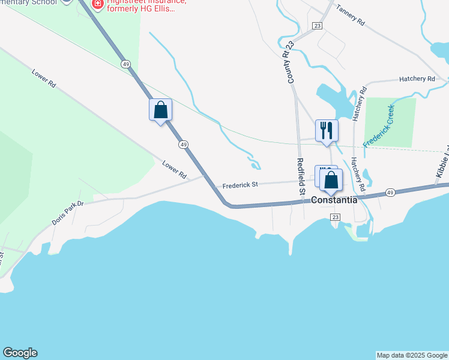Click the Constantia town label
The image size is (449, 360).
(x=334, y=200)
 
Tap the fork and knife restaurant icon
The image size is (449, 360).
(x=327, y=130)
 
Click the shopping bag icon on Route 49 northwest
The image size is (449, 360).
(x=160, y=109)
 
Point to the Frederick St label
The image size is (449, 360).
(x=240, y=185)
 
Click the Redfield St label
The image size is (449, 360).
(x=301, y=176)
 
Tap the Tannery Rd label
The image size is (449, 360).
(x=351, y=15)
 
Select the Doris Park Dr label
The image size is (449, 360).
(x=68, y=212)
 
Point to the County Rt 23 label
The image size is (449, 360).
(x=291, y=62)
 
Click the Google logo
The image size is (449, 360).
(x=20, y=353)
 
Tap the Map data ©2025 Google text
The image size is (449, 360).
(x=412, y=355)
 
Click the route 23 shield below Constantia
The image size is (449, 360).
(x=335, y=217)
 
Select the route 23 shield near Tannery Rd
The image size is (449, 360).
(x=317, y=26)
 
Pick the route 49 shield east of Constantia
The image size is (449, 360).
(x=390, y=193)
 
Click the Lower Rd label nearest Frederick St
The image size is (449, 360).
(x=175, y=170)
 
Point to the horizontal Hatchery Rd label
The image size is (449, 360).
(x=417, y=79)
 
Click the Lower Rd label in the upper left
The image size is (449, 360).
(x=44, y=79)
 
